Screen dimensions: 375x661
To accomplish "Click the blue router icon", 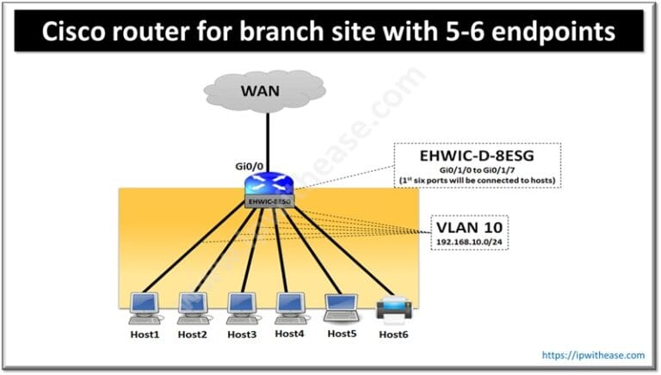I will click(x=269, y=183).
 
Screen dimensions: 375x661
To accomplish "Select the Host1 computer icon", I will click(x=144, y=304).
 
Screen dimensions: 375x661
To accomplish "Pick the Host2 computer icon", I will click(x=192, y=304).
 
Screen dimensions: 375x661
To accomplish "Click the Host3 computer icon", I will click(x=240, y=304).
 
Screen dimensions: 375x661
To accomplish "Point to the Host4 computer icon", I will click(x=289, y=304).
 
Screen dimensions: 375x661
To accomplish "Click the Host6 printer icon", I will click(x=393, y=305).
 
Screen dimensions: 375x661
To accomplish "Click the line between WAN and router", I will click(x=269, y=138).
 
